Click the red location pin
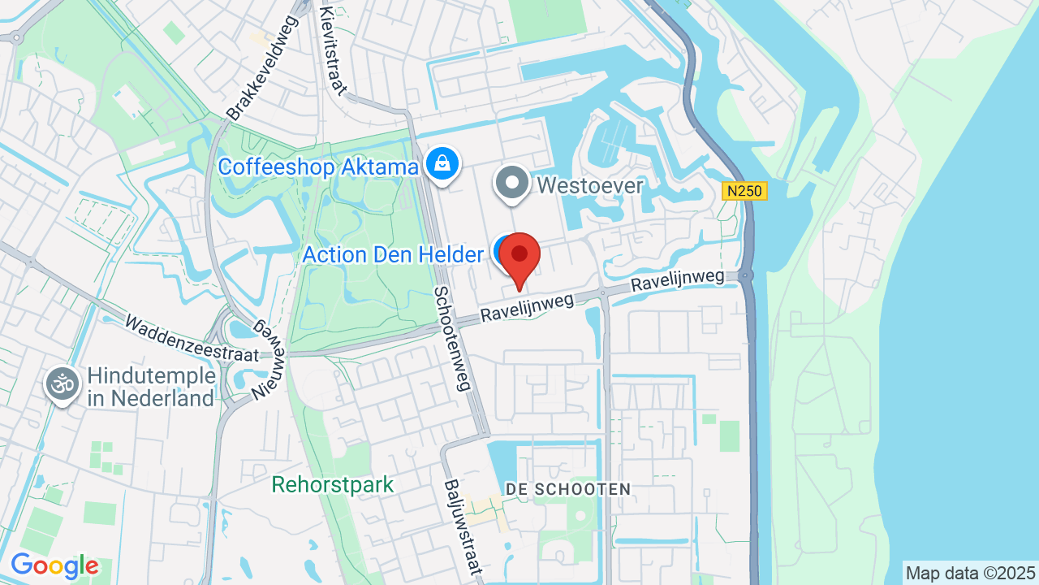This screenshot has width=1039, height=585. (519, 256)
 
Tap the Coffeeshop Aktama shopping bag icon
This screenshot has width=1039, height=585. (442, 164)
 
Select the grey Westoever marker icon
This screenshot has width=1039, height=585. (512, 183)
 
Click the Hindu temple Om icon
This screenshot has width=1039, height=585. (63, 383)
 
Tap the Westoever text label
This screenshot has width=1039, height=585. (590, 186)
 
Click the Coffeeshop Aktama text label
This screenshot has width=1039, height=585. (318, 167)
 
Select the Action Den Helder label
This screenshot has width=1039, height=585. (393, 255)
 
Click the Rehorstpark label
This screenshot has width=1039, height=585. (333, 485)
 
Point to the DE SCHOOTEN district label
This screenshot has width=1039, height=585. (567, 489)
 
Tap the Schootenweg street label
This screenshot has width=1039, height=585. (452, 338)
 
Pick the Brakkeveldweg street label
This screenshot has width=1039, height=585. (262, 68)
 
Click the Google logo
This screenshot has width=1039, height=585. (54, 566)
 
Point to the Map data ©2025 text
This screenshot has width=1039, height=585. (971, 573)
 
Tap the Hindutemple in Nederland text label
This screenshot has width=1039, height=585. (151, 387)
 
